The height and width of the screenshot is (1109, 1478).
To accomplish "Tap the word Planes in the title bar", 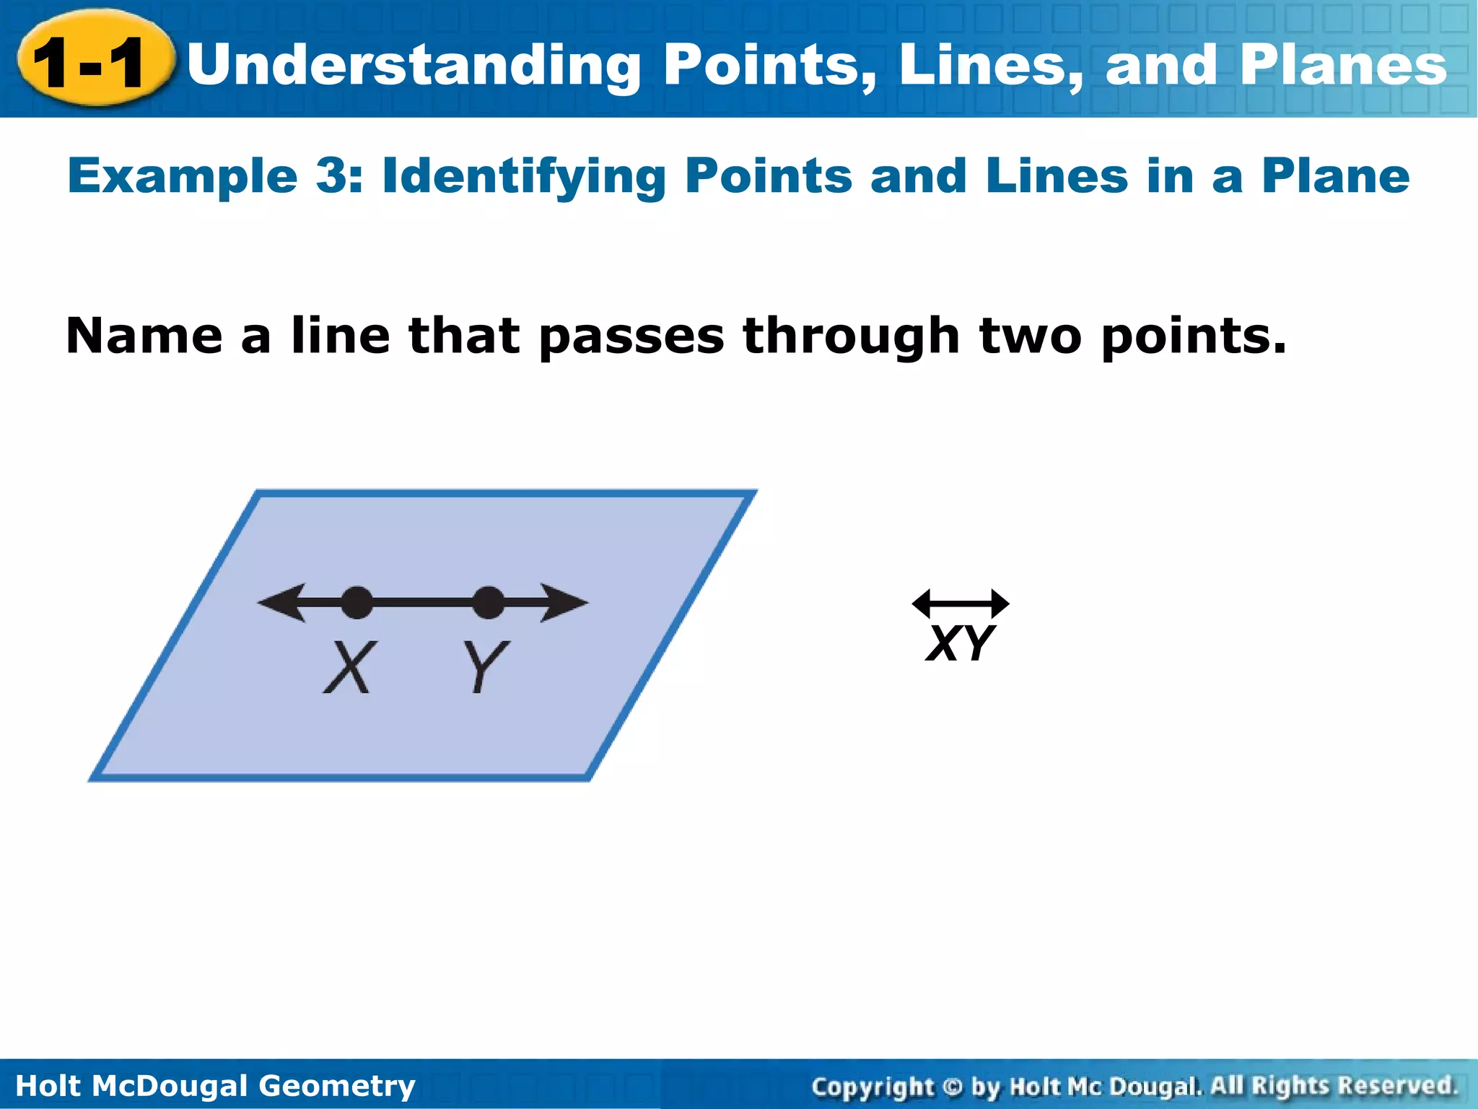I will (1343, 65).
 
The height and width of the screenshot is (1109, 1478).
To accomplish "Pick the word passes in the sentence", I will (631, 338).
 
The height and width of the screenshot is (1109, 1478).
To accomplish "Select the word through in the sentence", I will (852, 336).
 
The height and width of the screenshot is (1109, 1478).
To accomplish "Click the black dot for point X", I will (357, 603).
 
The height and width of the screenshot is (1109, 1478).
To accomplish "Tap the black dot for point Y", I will (489, 603).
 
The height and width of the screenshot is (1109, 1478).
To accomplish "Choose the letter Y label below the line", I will (485, 667).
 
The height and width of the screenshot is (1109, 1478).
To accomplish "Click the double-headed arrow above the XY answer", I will (961, 604).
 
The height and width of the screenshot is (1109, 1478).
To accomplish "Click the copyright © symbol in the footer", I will (953, 1086).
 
